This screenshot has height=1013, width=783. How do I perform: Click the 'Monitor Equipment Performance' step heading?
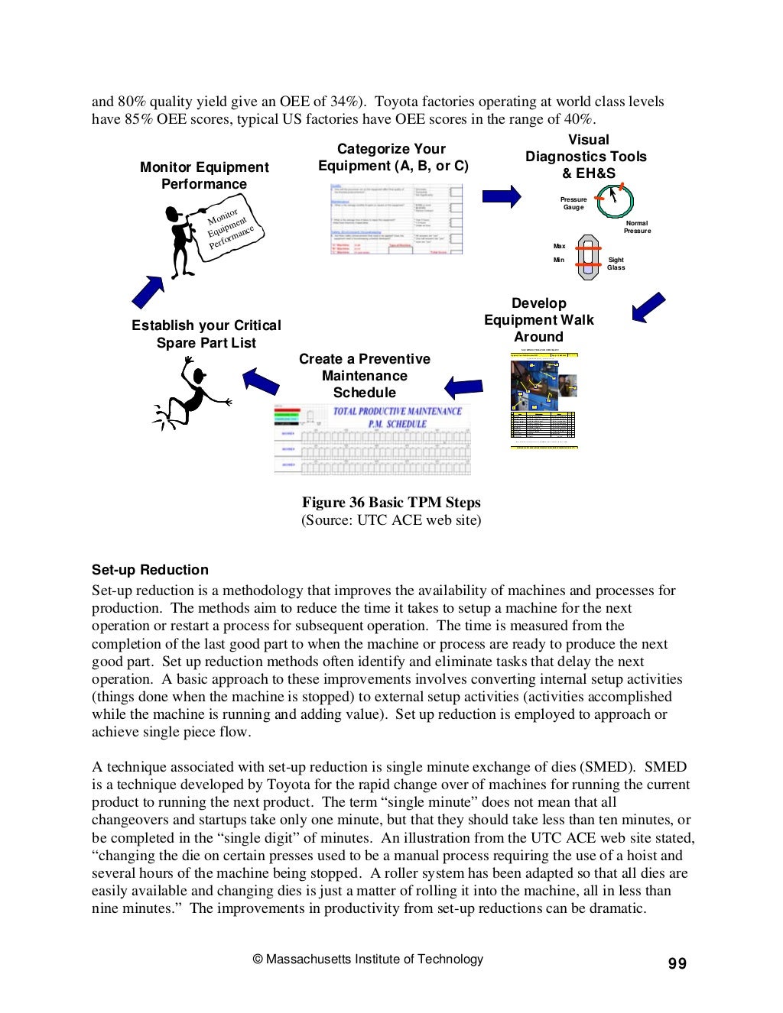[204, 176]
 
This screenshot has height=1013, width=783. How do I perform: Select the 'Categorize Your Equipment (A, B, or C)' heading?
[392, 157]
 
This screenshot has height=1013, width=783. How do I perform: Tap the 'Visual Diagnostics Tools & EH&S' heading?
[586, 157]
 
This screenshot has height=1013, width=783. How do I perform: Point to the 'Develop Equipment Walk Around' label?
[538, 320]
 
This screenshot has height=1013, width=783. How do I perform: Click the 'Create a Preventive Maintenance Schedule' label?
[365, 376]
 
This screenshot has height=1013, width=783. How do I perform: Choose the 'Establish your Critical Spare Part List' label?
[206, 334]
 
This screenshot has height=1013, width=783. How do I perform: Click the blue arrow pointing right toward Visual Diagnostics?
[501, 196]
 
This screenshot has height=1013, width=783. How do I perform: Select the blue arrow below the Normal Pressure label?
[648, 308]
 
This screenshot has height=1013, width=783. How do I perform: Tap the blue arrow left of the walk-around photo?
[463, 387]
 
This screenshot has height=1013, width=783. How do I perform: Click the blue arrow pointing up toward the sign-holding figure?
[148, 291]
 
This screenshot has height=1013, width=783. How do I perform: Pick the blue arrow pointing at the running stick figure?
[261, 380]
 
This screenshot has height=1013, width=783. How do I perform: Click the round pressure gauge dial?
[615, 201]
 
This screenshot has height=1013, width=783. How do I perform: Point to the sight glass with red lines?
[588, 257]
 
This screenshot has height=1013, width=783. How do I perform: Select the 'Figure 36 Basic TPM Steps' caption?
[391, 503]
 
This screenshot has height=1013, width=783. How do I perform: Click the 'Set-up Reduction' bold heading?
[150, 570]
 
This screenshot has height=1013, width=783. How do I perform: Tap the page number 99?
[677, 964]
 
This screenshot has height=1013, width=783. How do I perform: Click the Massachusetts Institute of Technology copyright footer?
[368, 960]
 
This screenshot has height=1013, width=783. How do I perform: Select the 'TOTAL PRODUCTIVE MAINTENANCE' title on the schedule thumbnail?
[397, 411]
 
